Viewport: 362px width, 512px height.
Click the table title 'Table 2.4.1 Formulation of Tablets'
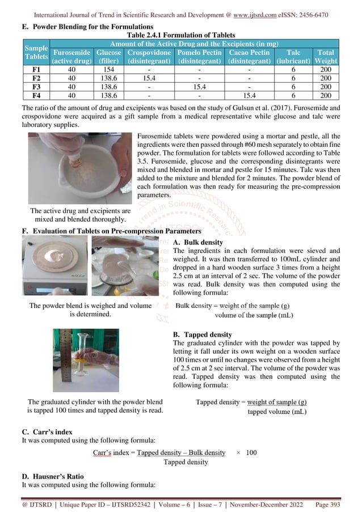point(181,33)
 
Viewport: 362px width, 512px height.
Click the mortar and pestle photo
point(79,168)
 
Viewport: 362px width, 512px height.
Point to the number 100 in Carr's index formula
point(251,452)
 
